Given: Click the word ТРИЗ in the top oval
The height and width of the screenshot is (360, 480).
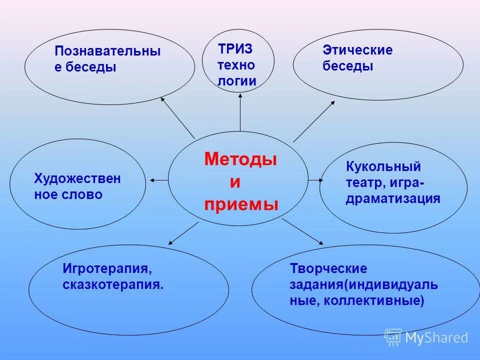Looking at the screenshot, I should (235, 49).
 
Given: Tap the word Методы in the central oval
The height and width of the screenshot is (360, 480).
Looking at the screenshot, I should (240, 159).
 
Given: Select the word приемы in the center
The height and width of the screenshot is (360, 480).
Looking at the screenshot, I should (241, 204).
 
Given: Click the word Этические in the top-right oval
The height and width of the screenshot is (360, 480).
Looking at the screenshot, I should (357, 50).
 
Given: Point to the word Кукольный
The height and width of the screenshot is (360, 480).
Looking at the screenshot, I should (383, 166).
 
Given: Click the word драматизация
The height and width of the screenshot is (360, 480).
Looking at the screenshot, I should (392, 198).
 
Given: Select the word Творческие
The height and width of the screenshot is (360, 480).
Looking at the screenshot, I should (328, 268).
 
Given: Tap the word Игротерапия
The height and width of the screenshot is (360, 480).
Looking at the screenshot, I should (106, 268).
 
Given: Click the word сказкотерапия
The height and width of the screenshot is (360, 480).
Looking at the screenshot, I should (113, 285).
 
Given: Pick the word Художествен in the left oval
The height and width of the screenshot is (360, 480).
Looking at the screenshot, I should (77, 179).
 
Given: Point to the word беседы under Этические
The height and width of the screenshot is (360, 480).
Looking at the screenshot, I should (348, 66).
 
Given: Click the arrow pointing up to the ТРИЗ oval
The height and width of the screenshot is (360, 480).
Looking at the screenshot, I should (240, 112).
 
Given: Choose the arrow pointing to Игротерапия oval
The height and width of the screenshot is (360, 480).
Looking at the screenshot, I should (183, 233).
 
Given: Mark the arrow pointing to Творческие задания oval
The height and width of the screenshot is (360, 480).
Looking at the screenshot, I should (302, 231).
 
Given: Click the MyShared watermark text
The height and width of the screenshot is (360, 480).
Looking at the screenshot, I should (436, 338).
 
